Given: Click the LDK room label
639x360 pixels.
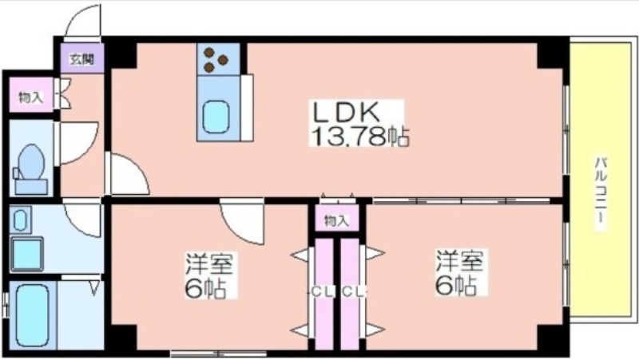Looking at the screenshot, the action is (x=346, y=112).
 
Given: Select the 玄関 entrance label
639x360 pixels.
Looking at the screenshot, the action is (x=82, y=59).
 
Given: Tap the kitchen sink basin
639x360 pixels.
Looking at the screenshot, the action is (x=216, y=117).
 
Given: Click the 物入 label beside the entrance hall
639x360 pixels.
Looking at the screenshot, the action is (x=30, y=97).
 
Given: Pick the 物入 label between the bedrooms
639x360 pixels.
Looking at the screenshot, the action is (x=336, y=221).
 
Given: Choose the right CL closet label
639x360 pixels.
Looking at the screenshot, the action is (x=353, y=291).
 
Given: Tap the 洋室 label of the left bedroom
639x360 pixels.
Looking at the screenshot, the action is (x=209, y=263).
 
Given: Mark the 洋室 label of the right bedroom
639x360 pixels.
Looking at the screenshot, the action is (x=461, y=261).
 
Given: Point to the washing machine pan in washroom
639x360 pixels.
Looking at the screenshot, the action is (x=27, y=254).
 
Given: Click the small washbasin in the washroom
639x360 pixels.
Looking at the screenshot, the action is (x=21, y=220).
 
